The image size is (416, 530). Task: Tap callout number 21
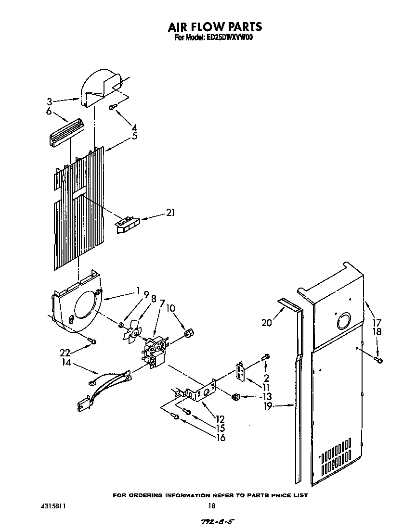pos(170,213)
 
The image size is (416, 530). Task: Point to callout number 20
pos(266,322)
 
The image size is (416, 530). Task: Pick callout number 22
pos(65,352)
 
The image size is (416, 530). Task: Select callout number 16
pos(221,437)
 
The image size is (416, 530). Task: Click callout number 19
pos(268,406)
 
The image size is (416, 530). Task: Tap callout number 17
pos(377,323)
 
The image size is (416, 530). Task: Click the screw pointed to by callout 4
pos(112,107)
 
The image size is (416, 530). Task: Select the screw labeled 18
pos(379,359)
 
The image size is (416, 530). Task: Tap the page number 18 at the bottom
pos(211,505)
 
